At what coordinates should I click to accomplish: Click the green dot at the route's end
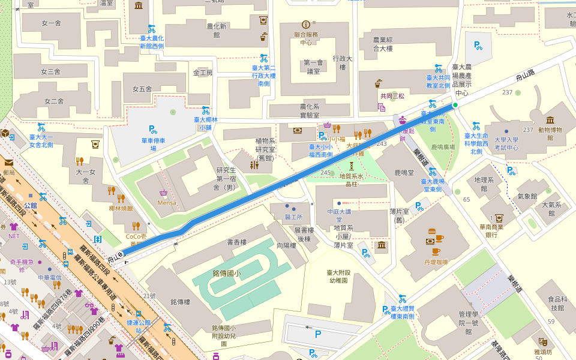point(455,106)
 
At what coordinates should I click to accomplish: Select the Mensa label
point(167,202)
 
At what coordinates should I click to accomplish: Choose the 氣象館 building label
point(527,196)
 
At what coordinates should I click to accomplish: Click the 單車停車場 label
point(153,144)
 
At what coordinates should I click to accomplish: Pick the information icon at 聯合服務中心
point(306,25)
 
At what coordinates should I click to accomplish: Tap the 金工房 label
point(203,73)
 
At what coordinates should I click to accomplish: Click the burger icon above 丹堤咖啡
point(431,231)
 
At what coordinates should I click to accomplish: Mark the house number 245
point(326,173)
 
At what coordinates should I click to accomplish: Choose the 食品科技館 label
point(557,304)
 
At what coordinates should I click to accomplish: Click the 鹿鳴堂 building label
point(404,173)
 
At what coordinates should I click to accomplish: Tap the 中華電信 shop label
point(50,278)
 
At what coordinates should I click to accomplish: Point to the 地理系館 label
point(484,184)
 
